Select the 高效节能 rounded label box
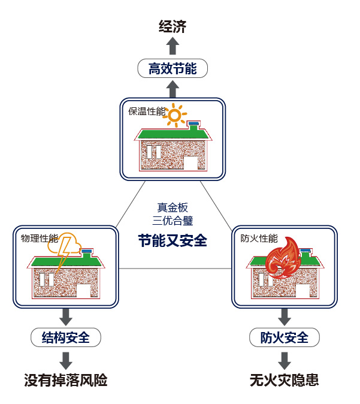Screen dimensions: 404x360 pyautogui.click(x=173, y=68)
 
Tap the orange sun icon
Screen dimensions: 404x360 pyautogui.click(x=174, y=115)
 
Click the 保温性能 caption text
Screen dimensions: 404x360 pyautogui.click(x=146, y=111)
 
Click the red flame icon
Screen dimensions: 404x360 pyautogui.click(x=282, y=258)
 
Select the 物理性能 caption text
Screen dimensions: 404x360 pyautogui.click(x=40, y=238)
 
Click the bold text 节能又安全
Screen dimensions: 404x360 pyautogui.click(x=173, y=241)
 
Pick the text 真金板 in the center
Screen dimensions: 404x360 pyautogui.click(x=173, y=207)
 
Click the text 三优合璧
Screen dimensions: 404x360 pyautogui.click(x=173, y=220)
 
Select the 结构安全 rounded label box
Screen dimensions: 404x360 pyautogui.click(x=66, y=337)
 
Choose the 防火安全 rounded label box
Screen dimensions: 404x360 pyautogui.click(x=285, y=337)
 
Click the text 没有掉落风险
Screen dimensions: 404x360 pyautogui.click(x=66, y=380)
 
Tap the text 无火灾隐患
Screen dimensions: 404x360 pyautogui.click(x=285, y=380)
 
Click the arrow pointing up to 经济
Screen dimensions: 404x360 pyautogui.click(x=173, y=46)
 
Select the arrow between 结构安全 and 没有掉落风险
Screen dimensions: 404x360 pyautogui.click(x=66, y=360)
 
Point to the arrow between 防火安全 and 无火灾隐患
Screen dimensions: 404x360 pyautogui.click(x=285, y=360)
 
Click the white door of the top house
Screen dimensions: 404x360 pyautogui.click(x=190, y=163)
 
